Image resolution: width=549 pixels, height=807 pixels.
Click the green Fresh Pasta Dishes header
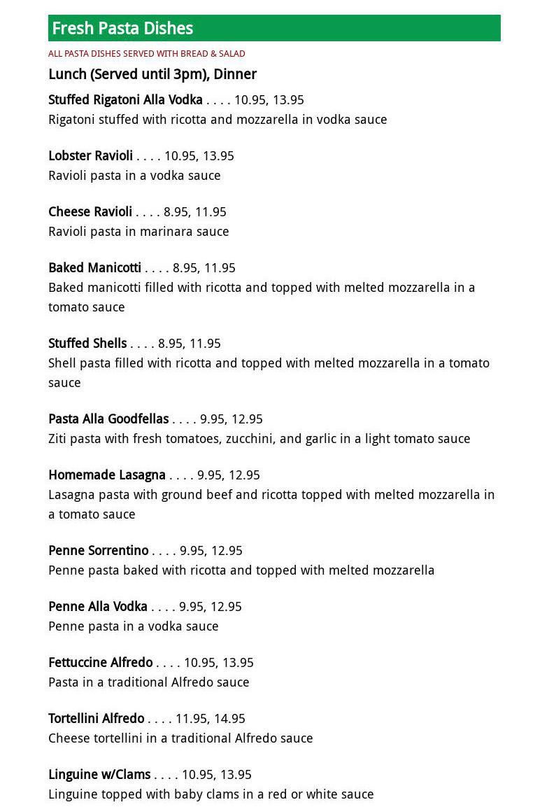coord(274,28)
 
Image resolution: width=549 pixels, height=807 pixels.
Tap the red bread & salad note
coord(147,54)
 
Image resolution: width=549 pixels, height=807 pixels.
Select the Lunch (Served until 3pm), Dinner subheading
coord(152,74)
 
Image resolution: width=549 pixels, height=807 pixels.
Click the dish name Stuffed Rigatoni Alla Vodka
coord(125,100)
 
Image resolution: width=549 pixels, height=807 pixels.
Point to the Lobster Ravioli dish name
coord(90,156)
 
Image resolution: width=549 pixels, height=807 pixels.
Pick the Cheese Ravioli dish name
coord(90,212)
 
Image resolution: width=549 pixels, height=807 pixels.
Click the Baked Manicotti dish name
coord(94,268)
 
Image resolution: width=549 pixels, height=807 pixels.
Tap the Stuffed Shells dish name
coord(87,344)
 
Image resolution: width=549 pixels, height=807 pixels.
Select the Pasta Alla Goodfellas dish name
coord(108,419)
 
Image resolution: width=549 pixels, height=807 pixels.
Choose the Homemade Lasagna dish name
coord(107,475)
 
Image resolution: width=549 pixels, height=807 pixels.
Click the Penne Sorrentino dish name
coord(99,551)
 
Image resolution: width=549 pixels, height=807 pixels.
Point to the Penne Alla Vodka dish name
coord(98,607)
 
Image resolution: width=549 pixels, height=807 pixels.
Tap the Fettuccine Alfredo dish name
coord(101,663)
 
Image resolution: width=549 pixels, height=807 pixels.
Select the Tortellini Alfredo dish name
coord(97,719)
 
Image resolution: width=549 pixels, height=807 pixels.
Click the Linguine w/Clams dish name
coord(99,775)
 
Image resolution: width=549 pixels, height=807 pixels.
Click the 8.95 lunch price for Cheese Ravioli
coord(176,212)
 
